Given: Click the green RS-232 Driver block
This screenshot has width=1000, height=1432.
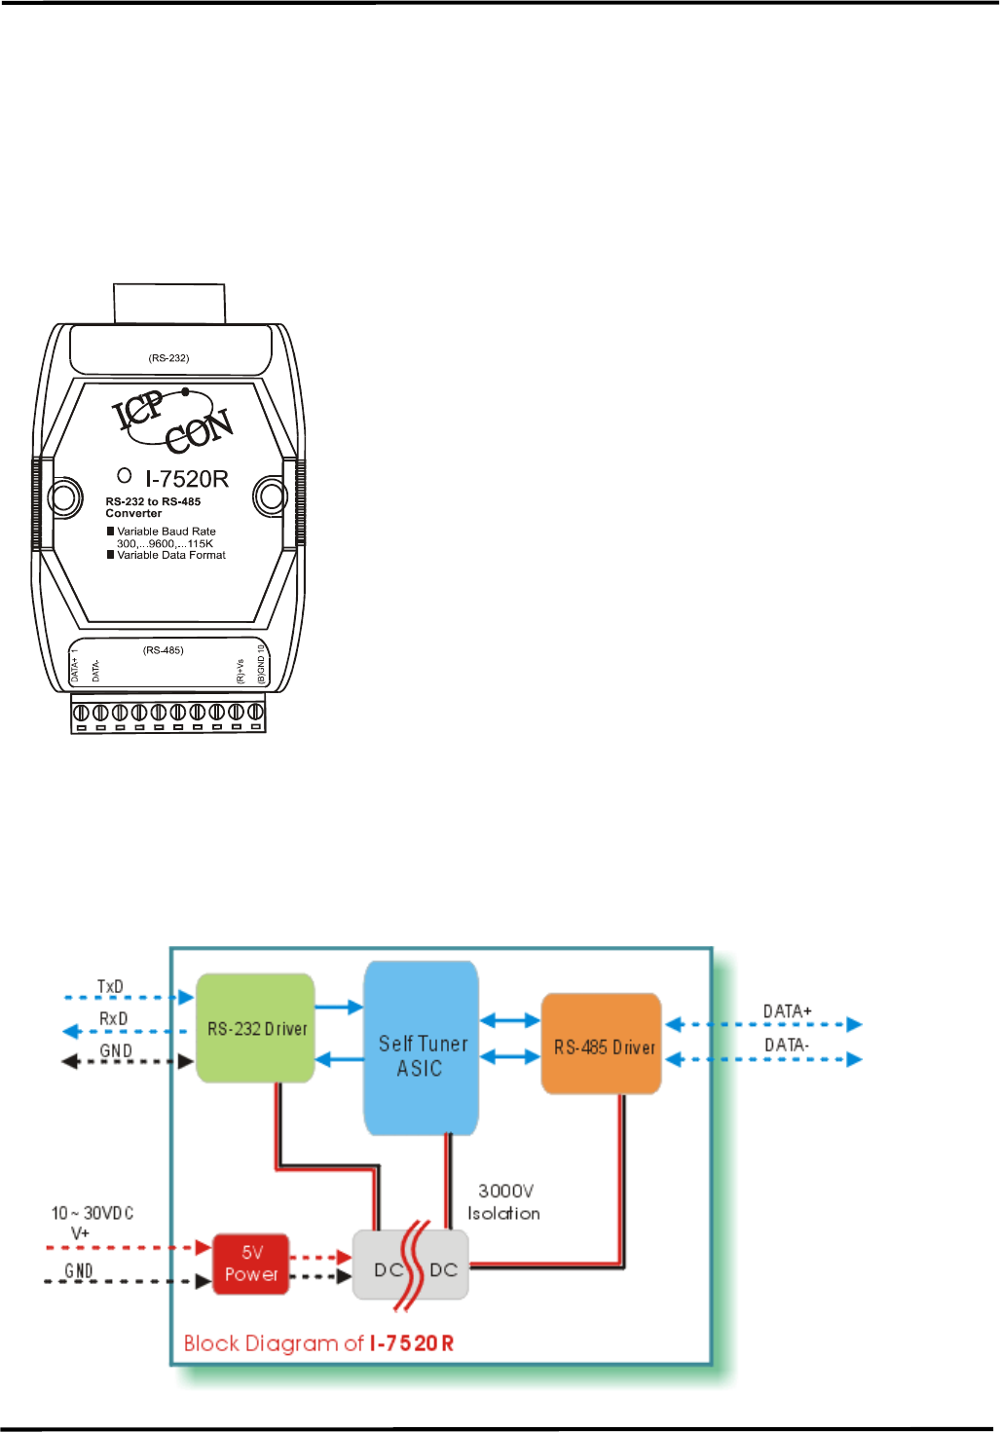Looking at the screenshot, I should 256,1028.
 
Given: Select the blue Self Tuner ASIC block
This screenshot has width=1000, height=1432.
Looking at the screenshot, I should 422,1048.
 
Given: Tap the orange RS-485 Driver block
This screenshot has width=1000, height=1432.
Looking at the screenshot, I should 602,1044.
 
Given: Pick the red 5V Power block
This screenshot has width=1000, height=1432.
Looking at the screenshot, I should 251,1264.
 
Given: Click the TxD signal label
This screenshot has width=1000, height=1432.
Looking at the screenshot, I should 110,987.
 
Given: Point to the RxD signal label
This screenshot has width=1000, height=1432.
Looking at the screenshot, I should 113,1018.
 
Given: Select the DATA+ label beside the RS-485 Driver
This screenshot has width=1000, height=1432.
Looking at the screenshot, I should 787,1011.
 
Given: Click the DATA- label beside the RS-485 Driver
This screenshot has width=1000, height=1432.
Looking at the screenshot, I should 786,1046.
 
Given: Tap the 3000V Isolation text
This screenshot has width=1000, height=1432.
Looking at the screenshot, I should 504,1202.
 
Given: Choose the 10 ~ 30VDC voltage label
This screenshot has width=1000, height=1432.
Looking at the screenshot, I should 92,1213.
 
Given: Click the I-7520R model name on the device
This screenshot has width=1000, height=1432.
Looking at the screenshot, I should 187,479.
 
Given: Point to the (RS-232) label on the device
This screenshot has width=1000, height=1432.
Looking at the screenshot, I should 168,358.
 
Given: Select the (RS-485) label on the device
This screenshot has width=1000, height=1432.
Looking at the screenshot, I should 163,650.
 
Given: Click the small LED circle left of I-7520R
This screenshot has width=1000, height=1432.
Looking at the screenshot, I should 125,476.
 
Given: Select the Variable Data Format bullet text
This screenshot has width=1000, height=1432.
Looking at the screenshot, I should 171,555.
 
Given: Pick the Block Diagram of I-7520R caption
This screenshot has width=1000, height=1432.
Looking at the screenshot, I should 318,1343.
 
